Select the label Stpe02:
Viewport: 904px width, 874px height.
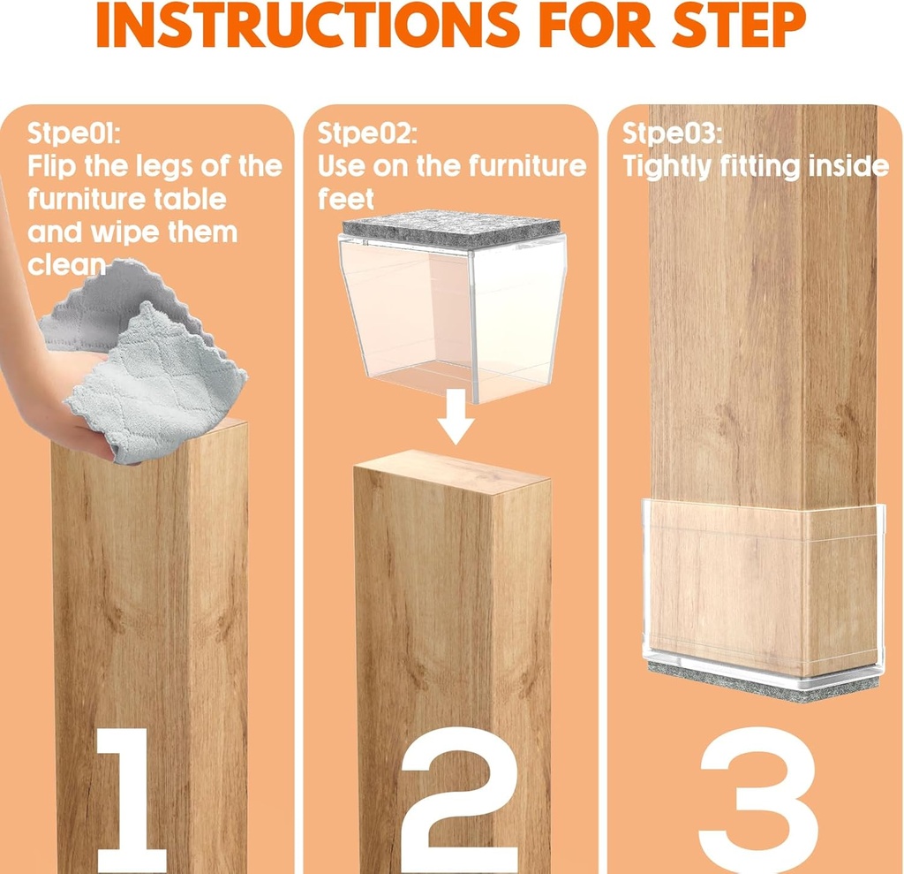click(366, 133)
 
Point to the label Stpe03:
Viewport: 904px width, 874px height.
click(672, 133)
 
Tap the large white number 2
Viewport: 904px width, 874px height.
click(453, 799)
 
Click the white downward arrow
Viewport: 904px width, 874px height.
click(456, 425)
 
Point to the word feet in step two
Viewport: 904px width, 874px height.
click(345, 199)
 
